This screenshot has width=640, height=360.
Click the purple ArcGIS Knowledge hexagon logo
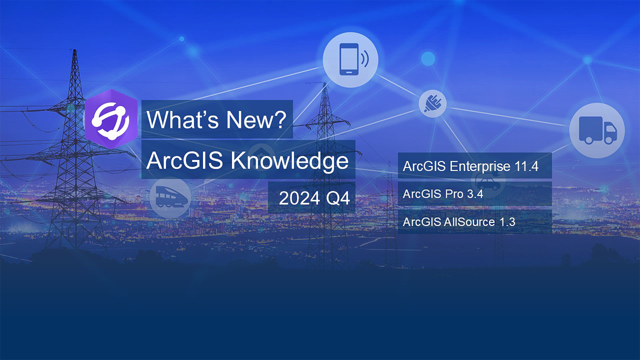tap(111, 119)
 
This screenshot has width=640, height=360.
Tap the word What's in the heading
tap(181, 120)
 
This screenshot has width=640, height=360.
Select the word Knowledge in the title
tap(289, 161)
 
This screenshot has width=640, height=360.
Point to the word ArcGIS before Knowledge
tap(184, 161)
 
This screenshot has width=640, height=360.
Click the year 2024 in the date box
tap(299, 198)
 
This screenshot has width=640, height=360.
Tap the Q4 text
tap(338, 198)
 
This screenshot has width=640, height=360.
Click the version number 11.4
tap(526, 166)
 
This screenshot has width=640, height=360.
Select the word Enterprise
tap(480, 166)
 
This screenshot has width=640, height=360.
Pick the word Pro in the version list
tap(454, 194)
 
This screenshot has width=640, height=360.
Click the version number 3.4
tap(475, 194)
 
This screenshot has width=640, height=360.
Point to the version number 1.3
tap(507, 222)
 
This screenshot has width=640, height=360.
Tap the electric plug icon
tap(433, 103)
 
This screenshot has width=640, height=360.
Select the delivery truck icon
tap(597, 130)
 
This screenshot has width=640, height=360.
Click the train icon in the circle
tap(170, 197)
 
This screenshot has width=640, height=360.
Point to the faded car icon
tap(488, 182)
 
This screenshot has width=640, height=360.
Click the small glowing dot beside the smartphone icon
tap(428, 59)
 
